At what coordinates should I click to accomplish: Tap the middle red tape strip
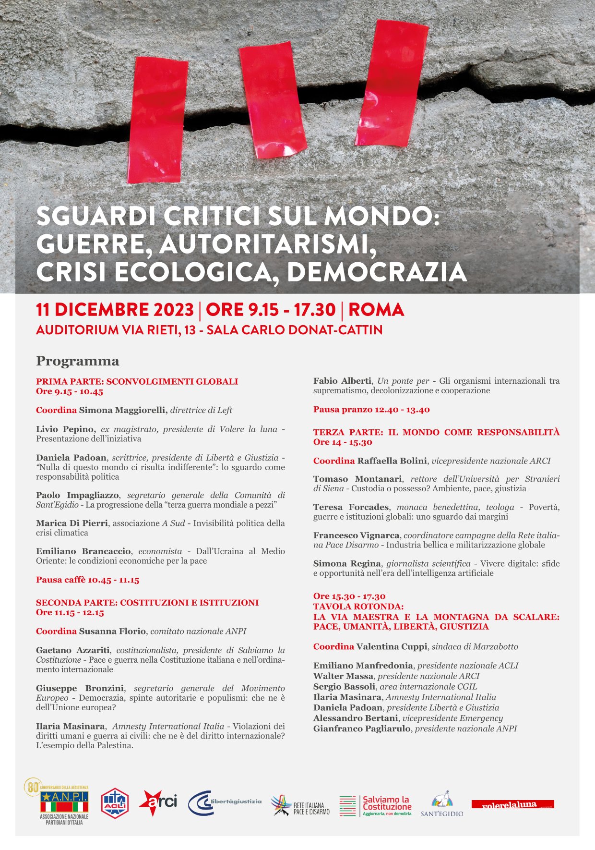(273, 101)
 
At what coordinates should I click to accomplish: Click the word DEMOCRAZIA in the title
(377, 272)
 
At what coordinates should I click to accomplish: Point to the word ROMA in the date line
(376, 310)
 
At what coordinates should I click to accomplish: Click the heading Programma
(78, 361)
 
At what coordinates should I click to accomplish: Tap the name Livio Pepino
(66, 429)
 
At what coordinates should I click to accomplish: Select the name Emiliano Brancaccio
(83, 551)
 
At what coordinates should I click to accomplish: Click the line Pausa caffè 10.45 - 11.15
(87, 580)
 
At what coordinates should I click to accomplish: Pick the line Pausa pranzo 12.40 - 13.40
(371, 410)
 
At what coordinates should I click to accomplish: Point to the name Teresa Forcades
(351, 507)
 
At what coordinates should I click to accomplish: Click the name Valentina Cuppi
(391, 646)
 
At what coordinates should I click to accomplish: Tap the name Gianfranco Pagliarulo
(362, 729)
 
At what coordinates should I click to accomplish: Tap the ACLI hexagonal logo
(115, 802)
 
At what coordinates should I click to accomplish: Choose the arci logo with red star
(158, 802)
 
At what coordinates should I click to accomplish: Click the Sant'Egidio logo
(442, 803)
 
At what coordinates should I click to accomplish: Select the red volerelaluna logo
(512, 804)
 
